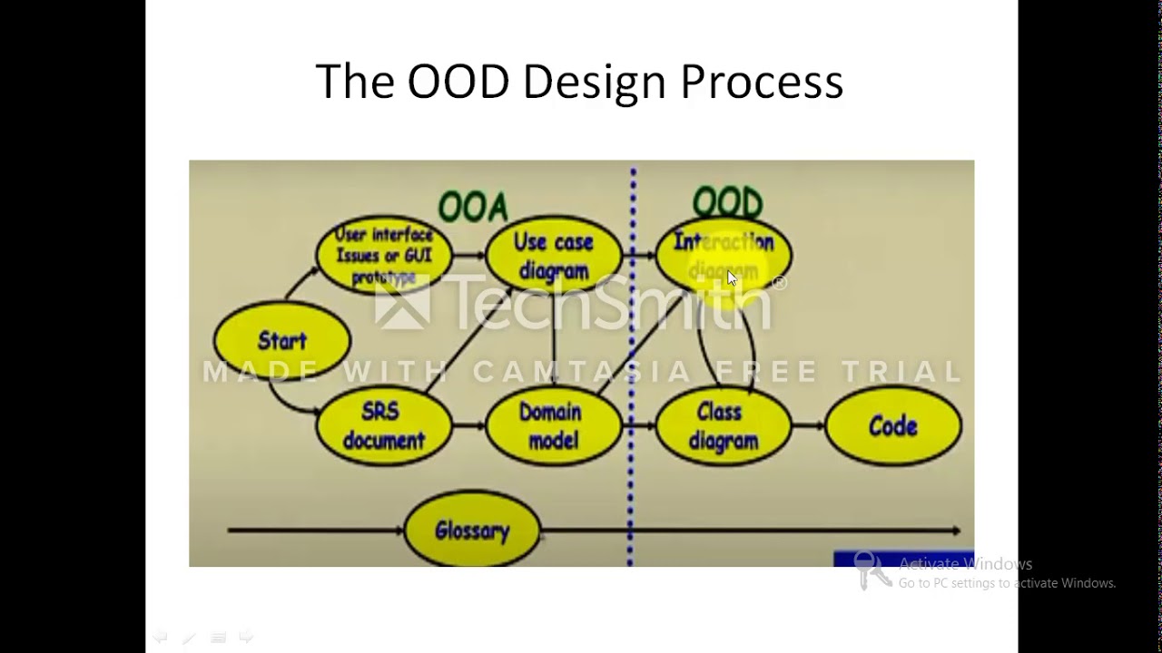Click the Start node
[x=282, y=341]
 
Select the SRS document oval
[x=383, y=426]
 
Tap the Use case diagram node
[x=553, y=256]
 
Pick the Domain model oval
[x=552, y=426]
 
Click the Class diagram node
[x=723, y=426]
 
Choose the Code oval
[x=893, y=426]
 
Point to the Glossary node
[x=472, y=531]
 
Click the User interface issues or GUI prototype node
[x=384, y=255]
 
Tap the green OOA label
[x=473, y=208]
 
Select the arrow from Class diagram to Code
[x=808, y=425]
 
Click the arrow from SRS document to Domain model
[x=468, y=425]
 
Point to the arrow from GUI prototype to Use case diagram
[x=468, y=256]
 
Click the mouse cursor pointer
[x=732, y=278]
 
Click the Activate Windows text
[x=965, y=564]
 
